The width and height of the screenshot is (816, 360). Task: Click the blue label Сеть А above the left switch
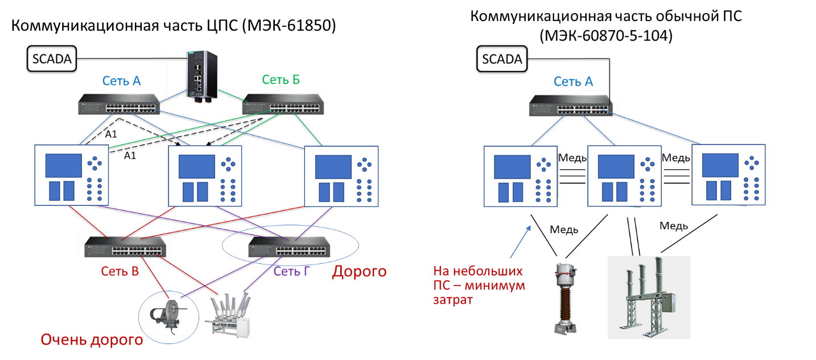tap(121, 81)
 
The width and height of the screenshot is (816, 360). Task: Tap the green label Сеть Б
tap(281, 80)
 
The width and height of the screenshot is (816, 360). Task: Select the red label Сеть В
tap(120, 271)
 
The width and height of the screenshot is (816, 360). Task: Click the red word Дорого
tap(359, 272)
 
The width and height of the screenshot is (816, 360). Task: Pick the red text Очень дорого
tap(91, 341)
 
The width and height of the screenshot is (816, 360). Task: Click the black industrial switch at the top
tap(202, 77)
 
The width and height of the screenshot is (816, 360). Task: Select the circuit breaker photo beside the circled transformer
tap(228, 315)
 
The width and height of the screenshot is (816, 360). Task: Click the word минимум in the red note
tap(501, 285)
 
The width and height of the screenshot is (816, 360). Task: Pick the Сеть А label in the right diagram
tap(573, 81)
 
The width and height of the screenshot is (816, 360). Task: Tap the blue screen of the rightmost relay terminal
tap(720, 165)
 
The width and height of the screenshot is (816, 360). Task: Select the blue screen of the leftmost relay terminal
tap(63, 165)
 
